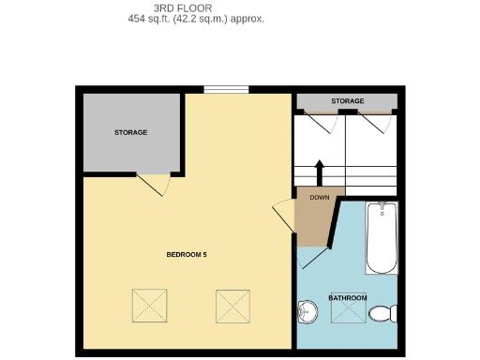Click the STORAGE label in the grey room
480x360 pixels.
[131, 133]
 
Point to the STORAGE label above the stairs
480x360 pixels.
[347, 101]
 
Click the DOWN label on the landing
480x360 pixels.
[319, 198]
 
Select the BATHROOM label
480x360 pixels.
[347, 298]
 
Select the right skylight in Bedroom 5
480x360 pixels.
[232, 305]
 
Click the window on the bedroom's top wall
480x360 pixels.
[226, 90]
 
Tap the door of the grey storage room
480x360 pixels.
[153, 184]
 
